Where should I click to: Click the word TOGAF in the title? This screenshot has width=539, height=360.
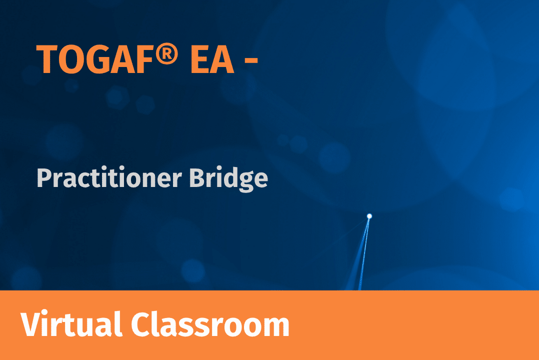pyautogui.click(x=94, y=59)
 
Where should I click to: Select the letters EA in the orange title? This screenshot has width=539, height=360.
pyautogui.click(x=212, y=59)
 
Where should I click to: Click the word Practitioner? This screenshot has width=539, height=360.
pyautogui.click(x=109, y=178)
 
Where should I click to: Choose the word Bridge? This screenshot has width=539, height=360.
pyautogui.click(x=228, y=179)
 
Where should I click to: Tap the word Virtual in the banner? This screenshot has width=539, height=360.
pyautogui.click(x=71, y=324)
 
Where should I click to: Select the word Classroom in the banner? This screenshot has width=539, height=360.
pyautogui.click(x=210, y=324)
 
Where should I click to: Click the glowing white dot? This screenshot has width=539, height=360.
pyautogui.click(x=369, y=216)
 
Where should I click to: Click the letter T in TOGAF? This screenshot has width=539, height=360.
pyautogui.click(x=46, y=59)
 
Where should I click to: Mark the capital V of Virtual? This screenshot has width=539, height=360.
pyautogui.click(x=32, y=324)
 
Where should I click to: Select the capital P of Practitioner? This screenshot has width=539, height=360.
pyautogui.click(x=44, y=178)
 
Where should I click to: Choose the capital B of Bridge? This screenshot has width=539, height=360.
pyautogui.click(x=197, y=178)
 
